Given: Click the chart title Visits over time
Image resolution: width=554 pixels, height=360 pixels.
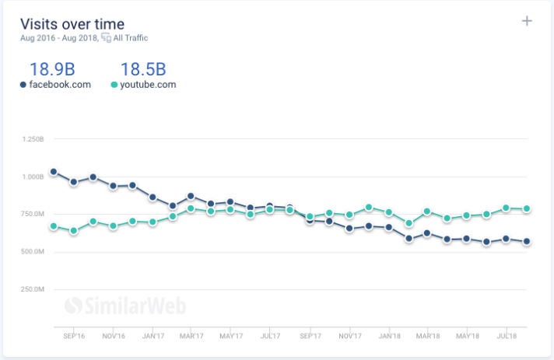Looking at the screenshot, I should [72, 23].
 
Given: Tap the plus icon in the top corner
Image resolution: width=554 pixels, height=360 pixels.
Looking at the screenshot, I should [527, 21].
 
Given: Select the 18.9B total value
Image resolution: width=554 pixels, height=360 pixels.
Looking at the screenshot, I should [52, 68].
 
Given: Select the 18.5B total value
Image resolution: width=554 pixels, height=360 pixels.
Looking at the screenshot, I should [143, 68].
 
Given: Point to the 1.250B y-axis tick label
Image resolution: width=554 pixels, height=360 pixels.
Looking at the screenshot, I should [33, 139].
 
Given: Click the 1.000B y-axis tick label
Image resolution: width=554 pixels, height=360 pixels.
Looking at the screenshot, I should [33, 177].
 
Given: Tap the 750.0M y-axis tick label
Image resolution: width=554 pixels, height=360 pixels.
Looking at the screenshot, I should [33, 215].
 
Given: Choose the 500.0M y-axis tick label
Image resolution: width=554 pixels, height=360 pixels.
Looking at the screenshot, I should [33, 252].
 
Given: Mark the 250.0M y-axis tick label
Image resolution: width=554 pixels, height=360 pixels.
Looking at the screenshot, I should [33, 289].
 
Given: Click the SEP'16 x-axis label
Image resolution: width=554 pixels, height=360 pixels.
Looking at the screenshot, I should [73, 337].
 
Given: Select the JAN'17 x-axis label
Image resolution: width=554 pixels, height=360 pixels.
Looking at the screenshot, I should [153, 337].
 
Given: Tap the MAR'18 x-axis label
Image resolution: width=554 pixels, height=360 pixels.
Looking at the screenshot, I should [429, 337].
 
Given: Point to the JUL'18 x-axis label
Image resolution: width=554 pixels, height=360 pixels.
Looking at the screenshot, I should [507, 337].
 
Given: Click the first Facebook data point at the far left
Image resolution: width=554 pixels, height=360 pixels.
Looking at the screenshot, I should [53, 171].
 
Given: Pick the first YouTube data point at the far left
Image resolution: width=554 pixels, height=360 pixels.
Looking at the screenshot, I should [53, 226].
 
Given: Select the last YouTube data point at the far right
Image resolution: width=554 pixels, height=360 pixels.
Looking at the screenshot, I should [527, 208].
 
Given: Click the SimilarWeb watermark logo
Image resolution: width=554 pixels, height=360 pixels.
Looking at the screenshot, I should [124, 306].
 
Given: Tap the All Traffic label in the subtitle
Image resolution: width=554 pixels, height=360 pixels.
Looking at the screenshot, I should [131, 38].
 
